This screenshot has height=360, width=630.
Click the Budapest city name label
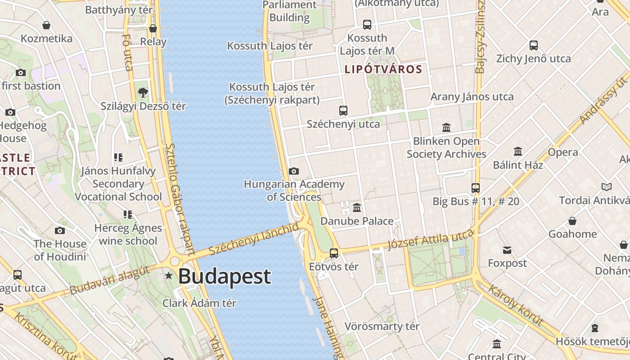tap(225, 276)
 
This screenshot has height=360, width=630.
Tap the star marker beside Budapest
tap(169, 275)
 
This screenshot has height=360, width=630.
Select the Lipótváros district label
tap(383, 69)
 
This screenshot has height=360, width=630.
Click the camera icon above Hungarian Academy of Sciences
tap(294, 171)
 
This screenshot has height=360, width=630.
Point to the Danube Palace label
tap(357, 221)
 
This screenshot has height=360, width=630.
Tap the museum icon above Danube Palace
tap(357, 207)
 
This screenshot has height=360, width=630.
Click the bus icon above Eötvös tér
tap(334, 253)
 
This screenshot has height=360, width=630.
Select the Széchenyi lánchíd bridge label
tap(254, 238)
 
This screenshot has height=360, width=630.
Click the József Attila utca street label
tap(430, 239)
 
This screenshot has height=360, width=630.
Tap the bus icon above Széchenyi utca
tap(343, 110)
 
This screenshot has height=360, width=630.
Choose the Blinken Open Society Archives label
tap(446, 148)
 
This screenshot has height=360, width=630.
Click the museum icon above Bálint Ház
tap(518, 151)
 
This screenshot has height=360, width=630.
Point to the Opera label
tap(562, 152)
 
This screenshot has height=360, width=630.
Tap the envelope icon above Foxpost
tap(508, 250)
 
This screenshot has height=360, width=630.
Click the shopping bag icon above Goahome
tap(572, 221)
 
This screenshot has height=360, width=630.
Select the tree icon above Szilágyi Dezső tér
tap(143, 93)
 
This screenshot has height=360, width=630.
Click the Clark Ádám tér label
tap(199, 303)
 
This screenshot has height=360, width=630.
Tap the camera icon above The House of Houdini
tap(60, 231)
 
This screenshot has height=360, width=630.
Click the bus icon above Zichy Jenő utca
tap(534, 45)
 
